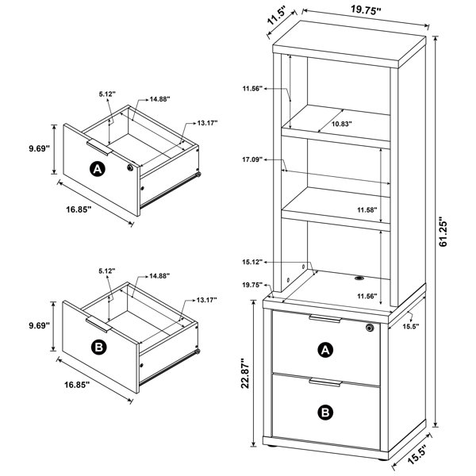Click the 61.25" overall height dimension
click(x=443, y=232)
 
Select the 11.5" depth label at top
click(x=275, y=17)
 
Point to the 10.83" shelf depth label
click(x=341, y=124)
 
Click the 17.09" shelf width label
click(x=252, y=159)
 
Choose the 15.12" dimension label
click(x=252, y=262)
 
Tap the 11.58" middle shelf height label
click(x=367, y=209)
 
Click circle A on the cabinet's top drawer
click(x=325, y=350)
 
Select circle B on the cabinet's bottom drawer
click(x=325, y=413)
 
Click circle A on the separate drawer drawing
click(x=98, y=169)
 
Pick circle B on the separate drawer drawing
click(x=99, y=347)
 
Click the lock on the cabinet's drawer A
click(x=370, y=328)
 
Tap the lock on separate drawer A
click(x=130, y=167)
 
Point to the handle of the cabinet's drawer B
click(x=325, y=382)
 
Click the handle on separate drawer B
click(x=98, y=324)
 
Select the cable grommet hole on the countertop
click(x=359, y=278)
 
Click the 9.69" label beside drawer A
click(x=39, y=149)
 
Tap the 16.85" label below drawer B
click(x=77, y=385)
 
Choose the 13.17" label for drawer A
click(x=207, y=123)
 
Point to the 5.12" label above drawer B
click(x=107, y=271)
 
